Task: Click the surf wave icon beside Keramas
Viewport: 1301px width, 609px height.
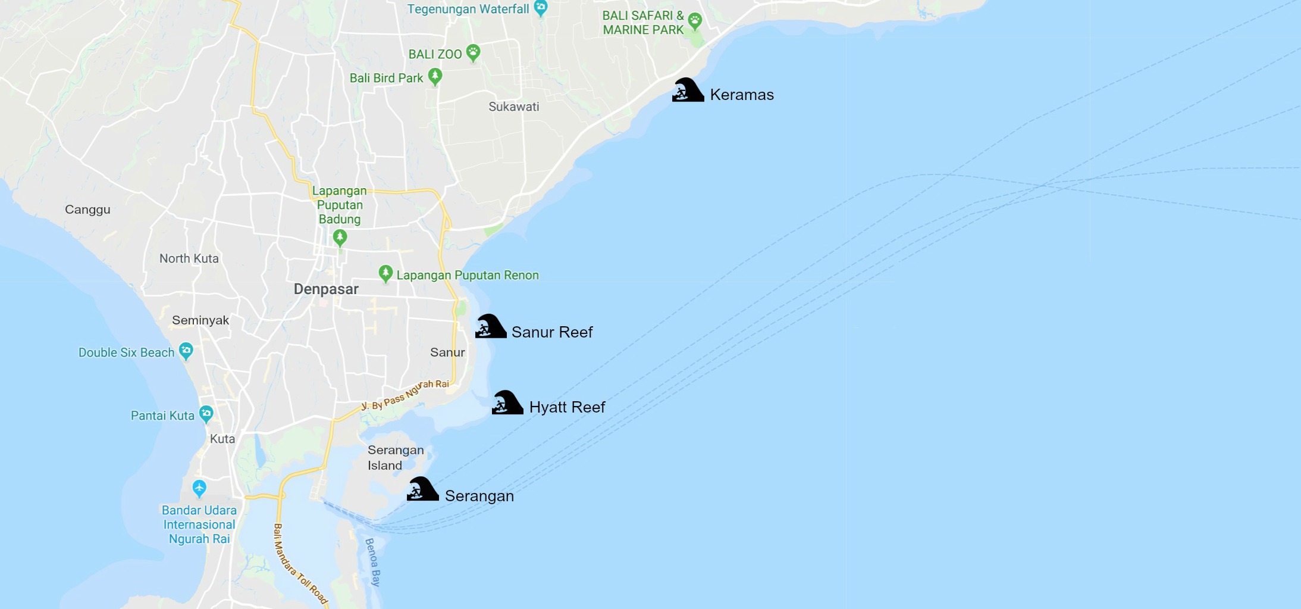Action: (x=688, y=90)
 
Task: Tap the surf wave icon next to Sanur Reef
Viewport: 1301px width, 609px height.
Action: (x=491, y=326)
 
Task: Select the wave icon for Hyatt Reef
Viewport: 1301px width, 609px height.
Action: (x=507, y=402)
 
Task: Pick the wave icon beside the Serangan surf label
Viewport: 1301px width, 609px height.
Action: (x=422, y=489)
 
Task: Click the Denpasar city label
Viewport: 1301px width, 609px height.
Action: (x=326, y=289)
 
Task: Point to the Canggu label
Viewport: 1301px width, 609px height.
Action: (x=87, y=210)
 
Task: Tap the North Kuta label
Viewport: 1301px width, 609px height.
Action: (x=189, y=258)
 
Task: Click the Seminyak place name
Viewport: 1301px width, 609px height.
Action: (x=200, y=320)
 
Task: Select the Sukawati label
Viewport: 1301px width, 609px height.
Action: (x=513, y=107)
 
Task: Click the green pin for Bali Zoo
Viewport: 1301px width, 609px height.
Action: (x=473, y=52)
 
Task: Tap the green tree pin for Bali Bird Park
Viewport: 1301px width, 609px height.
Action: (x=435, y=76)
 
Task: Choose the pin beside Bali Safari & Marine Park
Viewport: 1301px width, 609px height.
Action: (x=695, y=21)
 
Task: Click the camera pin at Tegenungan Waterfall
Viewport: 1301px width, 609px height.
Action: (x=540, y=8)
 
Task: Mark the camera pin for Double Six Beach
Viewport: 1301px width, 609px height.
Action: (x=186, y=351)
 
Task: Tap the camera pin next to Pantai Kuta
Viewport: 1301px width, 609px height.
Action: (x=206, y=413)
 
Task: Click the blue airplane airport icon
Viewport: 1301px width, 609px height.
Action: (x=199, y=488)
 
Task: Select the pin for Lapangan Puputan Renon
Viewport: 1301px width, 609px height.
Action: (x=385, y=273)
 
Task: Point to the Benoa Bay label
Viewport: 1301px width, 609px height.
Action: (x=372, y=562)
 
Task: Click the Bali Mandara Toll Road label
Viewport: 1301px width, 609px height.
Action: (x=300, y=564)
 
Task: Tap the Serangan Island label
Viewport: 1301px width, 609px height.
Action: (x=395, y=457)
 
